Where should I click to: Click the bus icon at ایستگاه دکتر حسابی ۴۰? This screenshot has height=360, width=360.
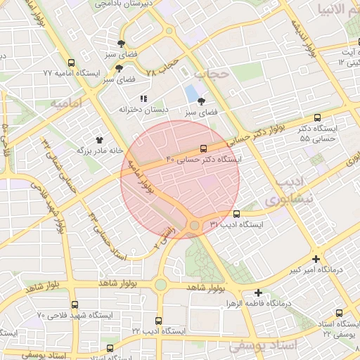tap(203, 148)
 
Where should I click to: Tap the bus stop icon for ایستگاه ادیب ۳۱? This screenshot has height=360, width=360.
tap(236, 214)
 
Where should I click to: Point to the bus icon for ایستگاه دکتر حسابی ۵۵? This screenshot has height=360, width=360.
tap(317, 117)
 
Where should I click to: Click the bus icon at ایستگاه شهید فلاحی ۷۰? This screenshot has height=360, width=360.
tap(72, 304)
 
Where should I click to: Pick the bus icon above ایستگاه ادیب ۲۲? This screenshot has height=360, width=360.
tap(158, 320)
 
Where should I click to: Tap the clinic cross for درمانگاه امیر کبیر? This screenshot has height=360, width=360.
tap(316, 259)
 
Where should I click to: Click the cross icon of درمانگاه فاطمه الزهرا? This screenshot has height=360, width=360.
tap(259, 292)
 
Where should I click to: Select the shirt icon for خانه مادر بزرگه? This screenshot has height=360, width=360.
tap(99, 139)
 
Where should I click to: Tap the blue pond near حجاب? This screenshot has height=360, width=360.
tap(191, 93)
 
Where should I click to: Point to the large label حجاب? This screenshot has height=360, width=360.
tap(212, 73)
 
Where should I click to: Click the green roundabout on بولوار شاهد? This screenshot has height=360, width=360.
tap(160, 284)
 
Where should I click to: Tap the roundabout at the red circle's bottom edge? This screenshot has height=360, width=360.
tap(194, 225)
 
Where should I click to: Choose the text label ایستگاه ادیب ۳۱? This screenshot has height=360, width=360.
tap(237, 225)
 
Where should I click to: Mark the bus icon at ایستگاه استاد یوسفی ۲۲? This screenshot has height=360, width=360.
tap(340, 313)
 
